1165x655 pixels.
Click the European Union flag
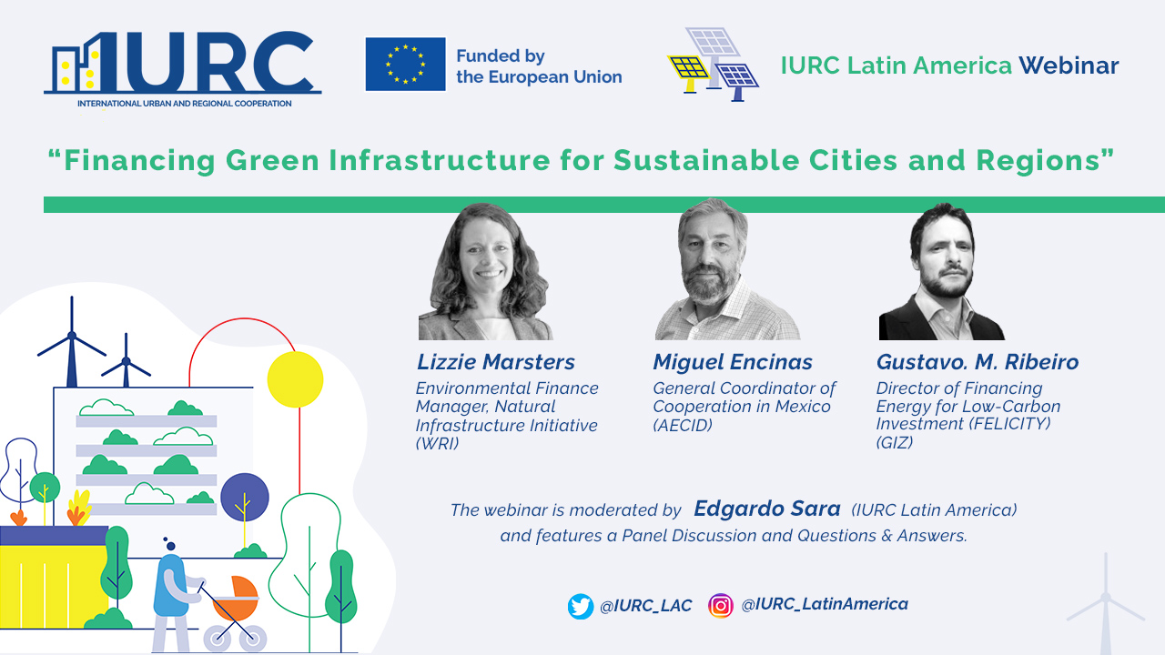coord(405,64)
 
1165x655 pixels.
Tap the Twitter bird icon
coord(581,606)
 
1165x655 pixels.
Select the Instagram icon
coord(720,606)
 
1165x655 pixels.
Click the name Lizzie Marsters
coord(496,362)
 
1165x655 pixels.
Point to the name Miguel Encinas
coord(733,362)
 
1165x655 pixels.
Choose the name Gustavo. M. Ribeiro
coord(978,362)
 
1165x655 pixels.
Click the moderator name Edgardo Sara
coord(767,509)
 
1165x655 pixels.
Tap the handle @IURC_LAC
coord(645,606)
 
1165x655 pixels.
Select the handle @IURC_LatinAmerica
coord(825,604)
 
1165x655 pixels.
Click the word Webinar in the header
coord(1069,65)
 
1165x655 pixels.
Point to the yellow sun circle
coord(295,379)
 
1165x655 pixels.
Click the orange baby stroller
coord(235,613)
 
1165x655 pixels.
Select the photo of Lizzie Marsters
coord(485,271)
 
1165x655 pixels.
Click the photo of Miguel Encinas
coord(727,269)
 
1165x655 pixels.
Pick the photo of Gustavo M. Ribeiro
coord(941,271)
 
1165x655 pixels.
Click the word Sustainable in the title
coord(705,160)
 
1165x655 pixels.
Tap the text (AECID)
coord(683,425)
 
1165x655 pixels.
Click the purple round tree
coord(245,498)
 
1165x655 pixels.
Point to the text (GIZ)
coord(895,442)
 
